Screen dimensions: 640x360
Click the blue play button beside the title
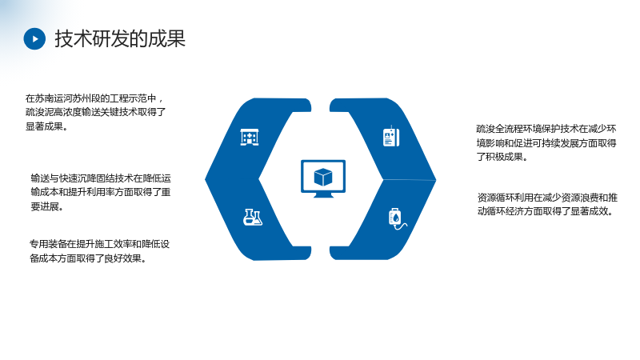click(34, 38)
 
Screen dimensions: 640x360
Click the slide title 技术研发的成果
click(120, 38)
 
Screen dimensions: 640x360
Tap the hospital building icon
click(250, 137)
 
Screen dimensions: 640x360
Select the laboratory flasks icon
click(253, 217)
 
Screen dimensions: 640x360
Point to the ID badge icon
click(391, 136)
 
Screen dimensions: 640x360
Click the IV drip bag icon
click(397, 218)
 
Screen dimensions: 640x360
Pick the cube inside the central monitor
click(323, 177)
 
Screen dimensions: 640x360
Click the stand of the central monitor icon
click(323, 195)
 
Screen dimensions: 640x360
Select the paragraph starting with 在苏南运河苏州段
click(95, 112)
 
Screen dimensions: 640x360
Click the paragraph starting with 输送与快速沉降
click(101, 192)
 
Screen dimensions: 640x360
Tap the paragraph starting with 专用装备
click(99, 251)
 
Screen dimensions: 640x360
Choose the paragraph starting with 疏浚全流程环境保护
click(546, 143)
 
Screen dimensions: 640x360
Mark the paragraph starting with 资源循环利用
click(547, 205)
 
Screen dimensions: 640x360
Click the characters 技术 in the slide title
click(73, 38)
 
